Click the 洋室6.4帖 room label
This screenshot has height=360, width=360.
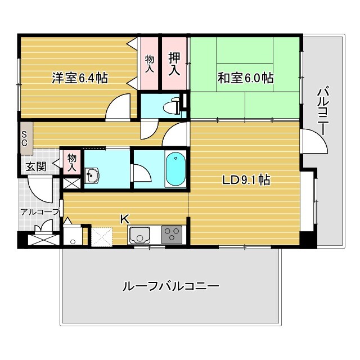coord(80,78)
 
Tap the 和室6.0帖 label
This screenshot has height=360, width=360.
coord(245,78)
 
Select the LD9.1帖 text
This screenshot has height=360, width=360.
coord(246,180)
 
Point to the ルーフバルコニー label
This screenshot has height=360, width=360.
coord(171,286)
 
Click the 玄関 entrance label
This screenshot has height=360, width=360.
coord(36,166)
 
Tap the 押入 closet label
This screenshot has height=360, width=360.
coord(174,64)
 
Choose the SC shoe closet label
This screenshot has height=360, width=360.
coord(24,138)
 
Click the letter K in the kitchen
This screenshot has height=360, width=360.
coord(125,219)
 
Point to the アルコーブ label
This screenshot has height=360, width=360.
coord(40,211)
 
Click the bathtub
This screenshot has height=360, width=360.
coord(175,169)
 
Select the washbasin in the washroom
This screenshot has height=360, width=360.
coord(92,175)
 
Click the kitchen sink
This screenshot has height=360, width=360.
coord(139,235)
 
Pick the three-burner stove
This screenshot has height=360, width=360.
coord(172,235)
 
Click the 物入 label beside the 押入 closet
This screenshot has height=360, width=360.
coord(149,64)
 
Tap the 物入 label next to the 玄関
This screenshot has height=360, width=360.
coord(72,163)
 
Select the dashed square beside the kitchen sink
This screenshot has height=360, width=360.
coord(102,237)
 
